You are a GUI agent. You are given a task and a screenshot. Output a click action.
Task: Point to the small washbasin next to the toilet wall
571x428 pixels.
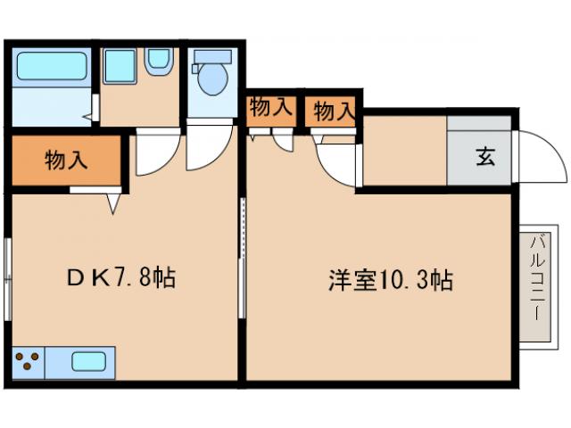click(x=160, y=60)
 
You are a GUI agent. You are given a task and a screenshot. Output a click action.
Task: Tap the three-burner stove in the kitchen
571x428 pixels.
click(x=28, y=362)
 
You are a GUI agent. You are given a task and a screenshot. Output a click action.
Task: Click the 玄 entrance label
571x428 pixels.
click(x=484, y=157)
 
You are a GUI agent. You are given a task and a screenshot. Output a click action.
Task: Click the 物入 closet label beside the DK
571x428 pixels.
click(x=65, y=161)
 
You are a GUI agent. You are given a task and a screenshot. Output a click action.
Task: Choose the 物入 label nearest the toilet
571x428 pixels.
click(x=270, y=108)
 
